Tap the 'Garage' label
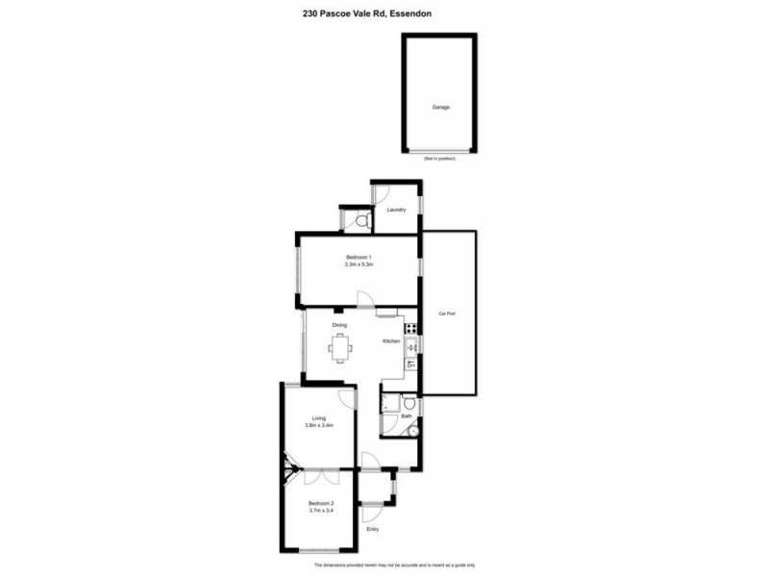(440, 108)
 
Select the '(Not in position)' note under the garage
(439, 158)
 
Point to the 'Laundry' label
(395, 210)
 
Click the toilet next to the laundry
(359, 222)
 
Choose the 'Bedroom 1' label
(358, 256)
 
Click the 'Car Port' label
(446, 314)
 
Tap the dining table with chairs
(340, 347)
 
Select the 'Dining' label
(339, 325)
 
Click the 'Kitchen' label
(391, 342)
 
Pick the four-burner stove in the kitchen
(411, 329)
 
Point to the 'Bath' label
(406, 416)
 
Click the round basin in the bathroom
(413, 431)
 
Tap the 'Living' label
(318, 418)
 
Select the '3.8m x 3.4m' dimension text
(318, 427)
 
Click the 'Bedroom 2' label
(321, 503)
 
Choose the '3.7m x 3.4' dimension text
(321, 512)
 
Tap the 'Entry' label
(373, 530)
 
